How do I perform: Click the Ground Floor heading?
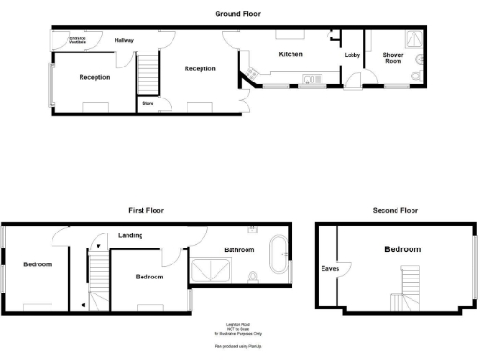[237, 14]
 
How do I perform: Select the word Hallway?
[125, 41]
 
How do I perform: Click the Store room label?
[148, 103]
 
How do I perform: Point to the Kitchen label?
[291, 55]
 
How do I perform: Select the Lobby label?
[352, 56]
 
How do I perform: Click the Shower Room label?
[393, 59]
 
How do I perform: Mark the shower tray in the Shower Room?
[410, 39]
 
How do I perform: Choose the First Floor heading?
[147, 212]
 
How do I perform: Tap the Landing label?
[130, 235]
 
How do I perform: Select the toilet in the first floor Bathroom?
[255, 277]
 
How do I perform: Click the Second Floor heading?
[394, 212]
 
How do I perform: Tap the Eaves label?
[330, 269]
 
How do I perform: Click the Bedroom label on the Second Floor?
[402, 249]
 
